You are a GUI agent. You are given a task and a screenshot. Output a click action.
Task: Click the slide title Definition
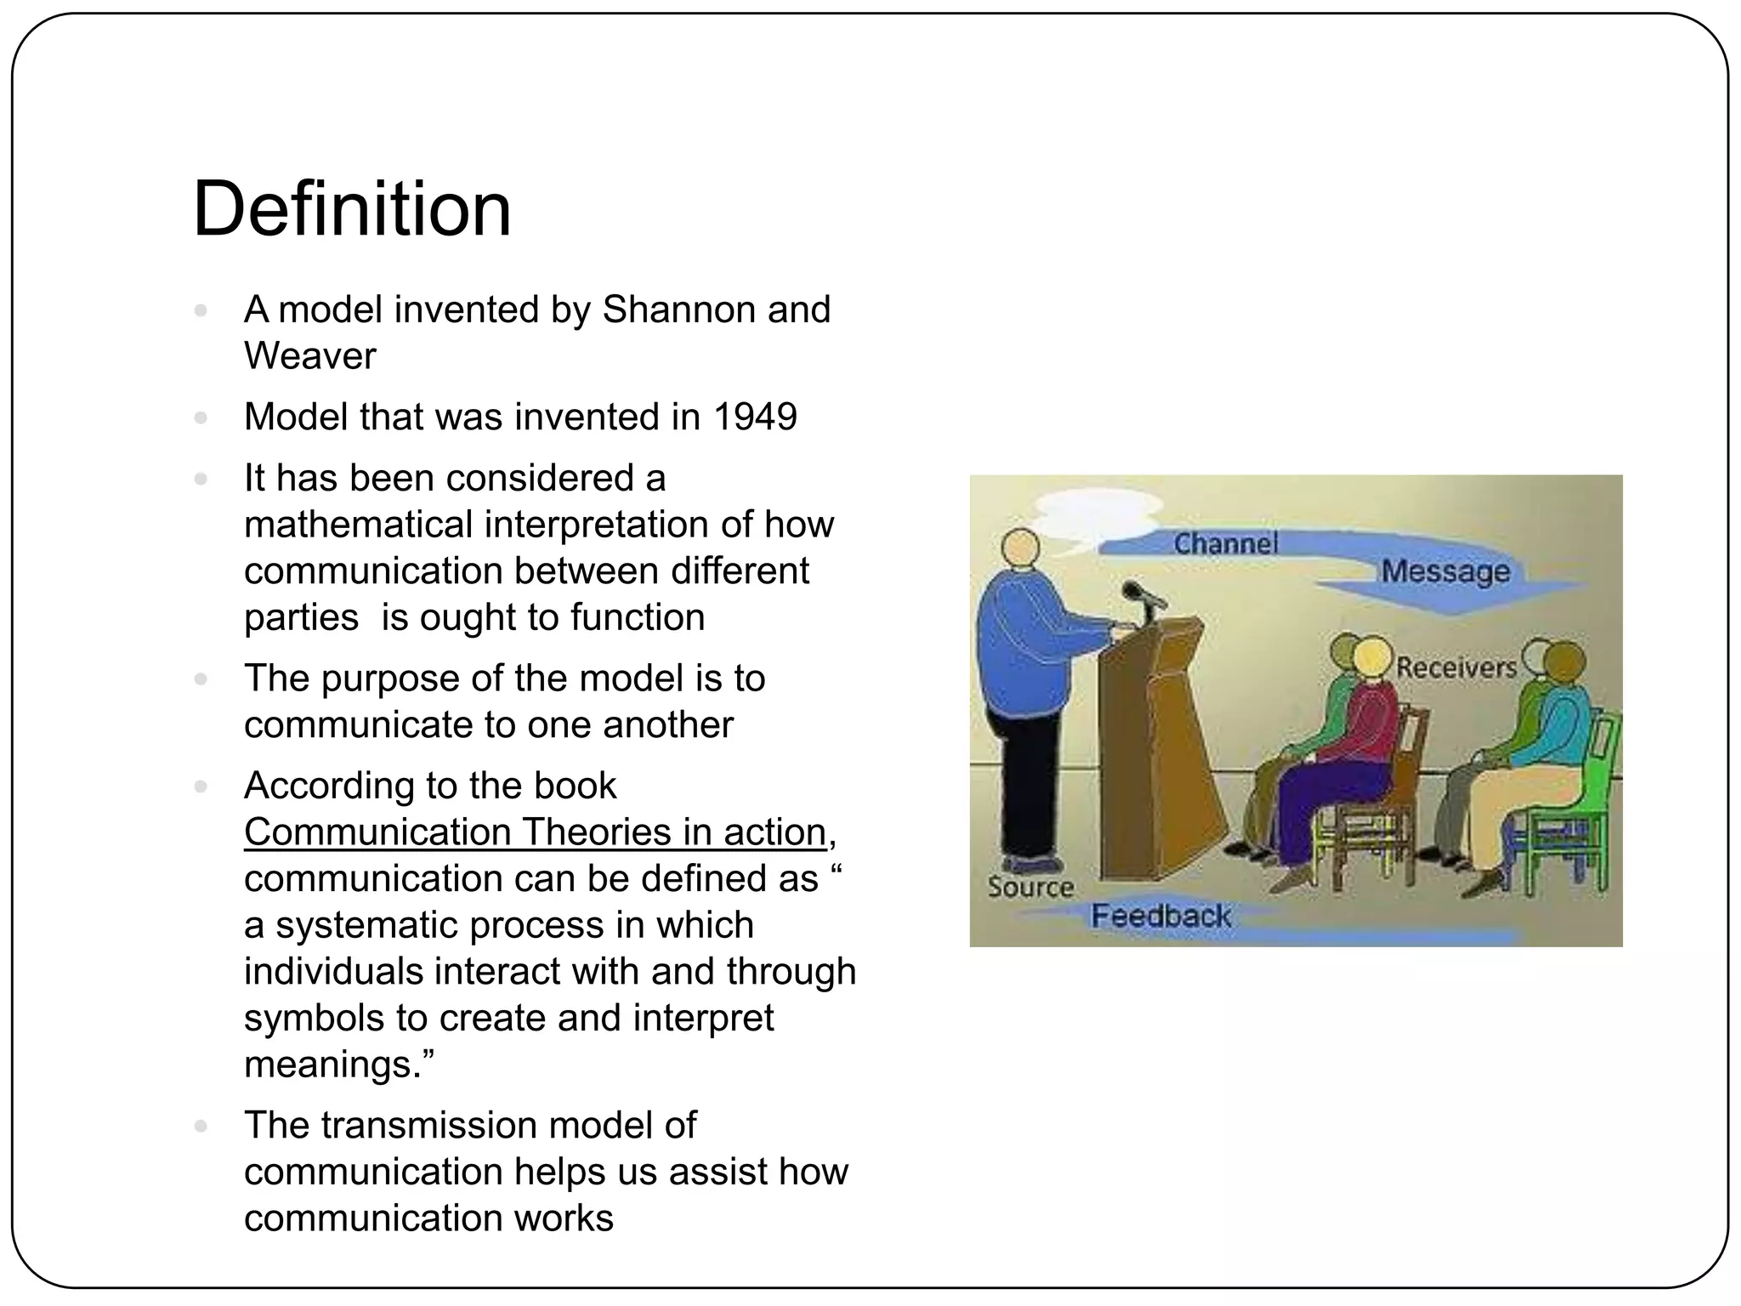coord(352,209)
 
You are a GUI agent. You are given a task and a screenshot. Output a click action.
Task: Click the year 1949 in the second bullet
coord(755,417)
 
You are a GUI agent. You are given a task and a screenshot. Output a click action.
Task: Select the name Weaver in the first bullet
coord(309,356)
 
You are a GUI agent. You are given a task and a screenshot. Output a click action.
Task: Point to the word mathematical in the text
coord(357,525)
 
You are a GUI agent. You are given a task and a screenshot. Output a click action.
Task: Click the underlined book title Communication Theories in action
coord(536,832)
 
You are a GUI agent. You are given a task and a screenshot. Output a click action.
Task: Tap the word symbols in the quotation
coord(312,1018)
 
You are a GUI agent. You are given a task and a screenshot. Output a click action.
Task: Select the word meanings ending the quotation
coord(337,1065)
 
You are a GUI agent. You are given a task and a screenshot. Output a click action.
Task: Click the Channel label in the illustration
coord(1225,543)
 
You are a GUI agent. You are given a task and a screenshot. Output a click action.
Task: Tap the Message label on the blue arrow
coord(1444,571)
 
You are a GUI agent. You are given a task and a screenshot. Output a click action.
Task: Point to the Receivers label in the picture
coord(1456,667)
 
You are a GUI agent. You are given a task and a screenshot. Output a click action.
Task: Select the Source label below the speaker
coord(1030,888)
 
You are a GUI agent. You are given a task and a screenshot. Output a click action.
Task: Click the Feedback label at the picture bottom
coord(1160,916)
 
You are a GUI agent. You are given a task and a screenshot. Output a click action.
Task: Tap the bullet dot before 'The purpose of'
coord(201,679)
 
